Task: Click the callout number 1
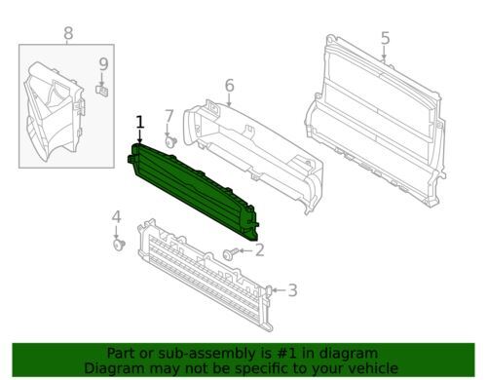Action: click(x=139, y=122)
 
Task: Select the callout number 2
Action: click(x=259, y=251)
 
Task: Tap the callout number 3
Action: click(x=291, y=289)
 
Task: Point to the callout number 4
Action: click(x=116, y=216)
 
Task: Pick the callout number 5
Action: click(x=385, y=38)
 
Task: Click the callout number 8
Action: click(x=67, y=34)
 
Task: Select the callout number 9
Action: click(x=103, y=65)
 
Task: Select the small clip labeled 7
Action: click(x=170, y=143)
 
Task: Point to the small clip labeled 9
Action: click(x=102, y=92)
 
